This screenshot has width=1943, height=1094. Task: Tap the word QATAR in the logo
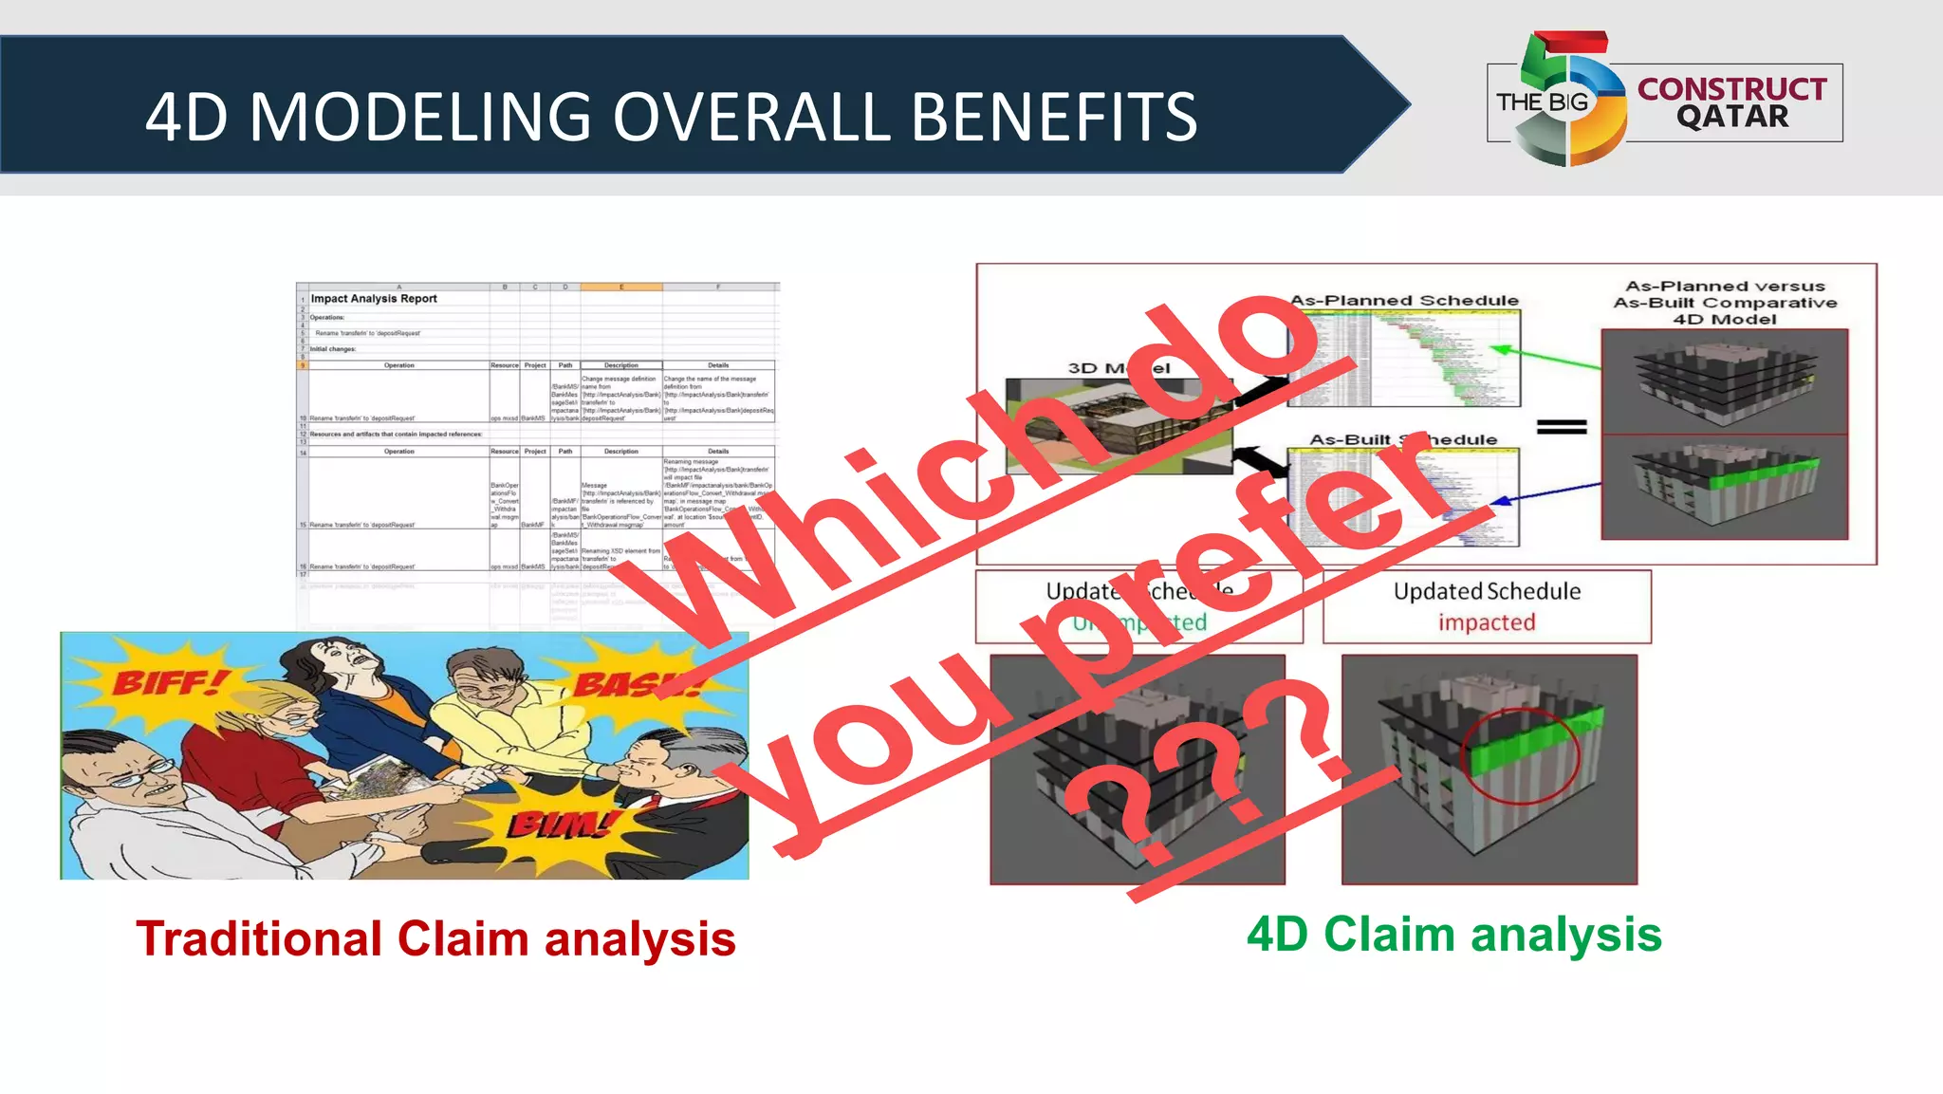point(1731,117)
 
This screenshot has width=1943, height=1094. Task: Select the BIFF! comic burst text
point(171,681)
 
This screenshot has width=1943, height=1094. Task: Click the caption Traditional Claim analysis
point(435,939)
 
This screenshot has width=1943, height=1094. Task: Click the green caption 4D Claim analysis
point(1453,935)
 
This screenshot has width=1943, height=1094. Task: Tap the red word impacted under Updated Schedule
point(1486,622)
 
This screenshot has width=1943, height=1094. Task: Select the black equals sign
point(1562,427)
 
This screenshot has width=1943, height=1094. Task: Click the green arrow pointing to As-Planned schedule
point(1546,358)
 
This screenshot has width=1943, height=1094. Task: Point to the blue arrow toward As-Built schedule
point(1546,492)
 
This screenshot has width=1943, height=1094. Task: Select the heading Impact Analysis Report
point(374,298)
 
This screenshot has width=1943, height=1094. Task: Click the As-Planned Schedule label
point(1404,301)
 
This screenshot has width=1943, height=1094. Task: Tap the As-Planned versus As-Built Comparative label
point(1725,302)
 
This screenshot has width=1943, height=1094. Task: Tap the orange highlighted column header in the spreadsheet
point(620,286)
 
